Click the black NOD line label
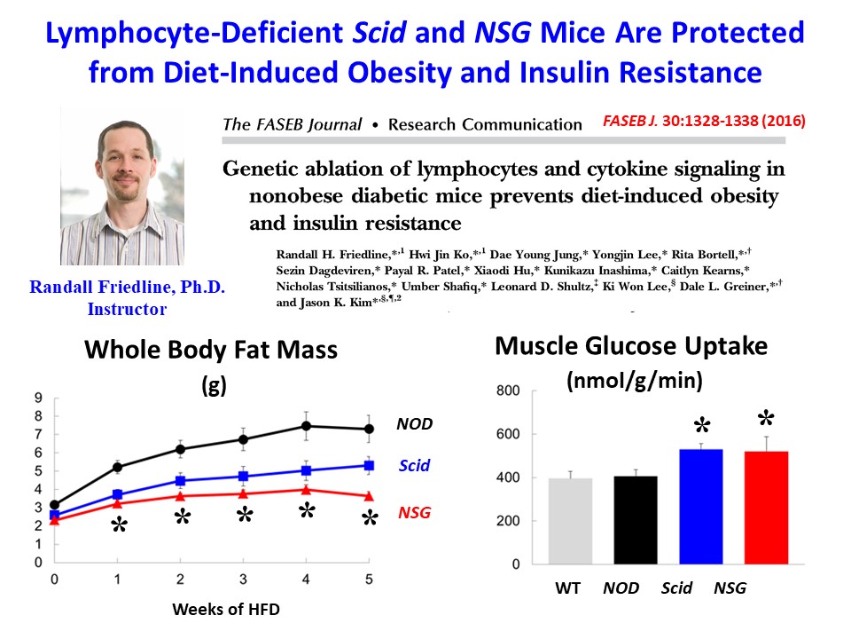[414, 423]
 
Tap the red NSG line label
[413, 512]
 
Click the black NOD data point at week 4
[306, 427]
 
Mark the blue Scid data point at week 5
[369, 466]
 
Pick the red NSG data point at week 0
[54, 520]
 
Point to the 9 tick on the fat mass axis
[38, 397]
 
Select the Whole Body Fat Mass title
[211, 350]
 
